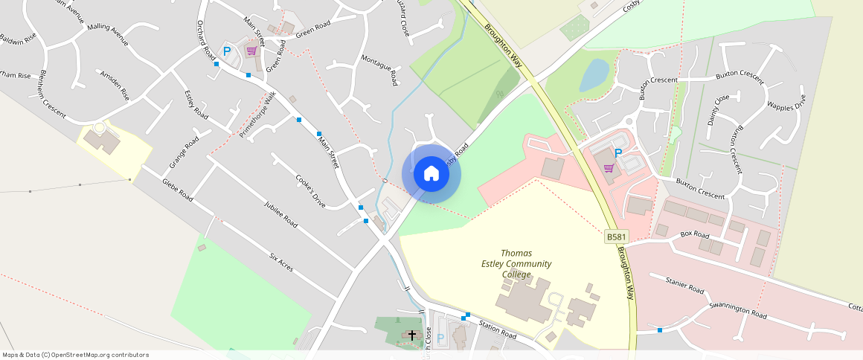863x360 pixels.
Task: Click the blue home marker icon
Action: point(431,174)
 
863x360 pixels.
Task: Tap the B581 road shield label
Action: point(616,237)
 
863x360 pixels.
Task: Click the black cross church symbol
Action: point(412,335)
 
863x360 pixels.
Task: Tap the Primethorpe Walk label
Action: point(257,115)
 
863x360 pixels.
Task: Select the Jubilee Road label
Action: point(280,213)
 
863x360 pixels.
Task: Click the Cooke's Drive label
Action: point(311,190)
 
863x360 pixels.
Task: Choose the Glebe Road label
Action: point(177,190)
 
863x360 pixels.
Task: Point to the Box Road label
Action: point(696,234)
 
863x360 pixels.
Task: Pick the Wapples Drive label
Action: point(786,103)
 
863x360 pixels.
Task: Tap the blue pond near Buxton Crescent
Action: point(594,75)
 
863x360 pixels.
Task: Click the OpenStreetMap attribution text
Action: point(75,355)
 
